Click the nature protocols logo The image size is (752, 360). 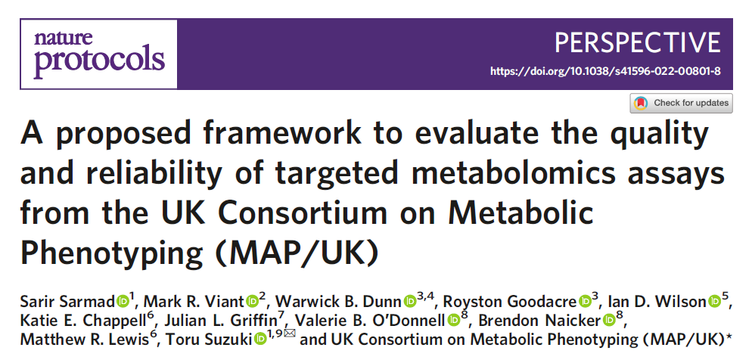point(98,53)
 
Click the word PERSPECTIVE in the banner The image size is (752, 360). point(638,42)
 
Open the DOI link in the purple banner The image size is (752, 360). point(605,71)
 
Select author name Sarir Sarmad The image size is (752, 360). point(65,301)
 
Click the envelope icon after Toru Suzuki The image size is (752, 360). point(291,338)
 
